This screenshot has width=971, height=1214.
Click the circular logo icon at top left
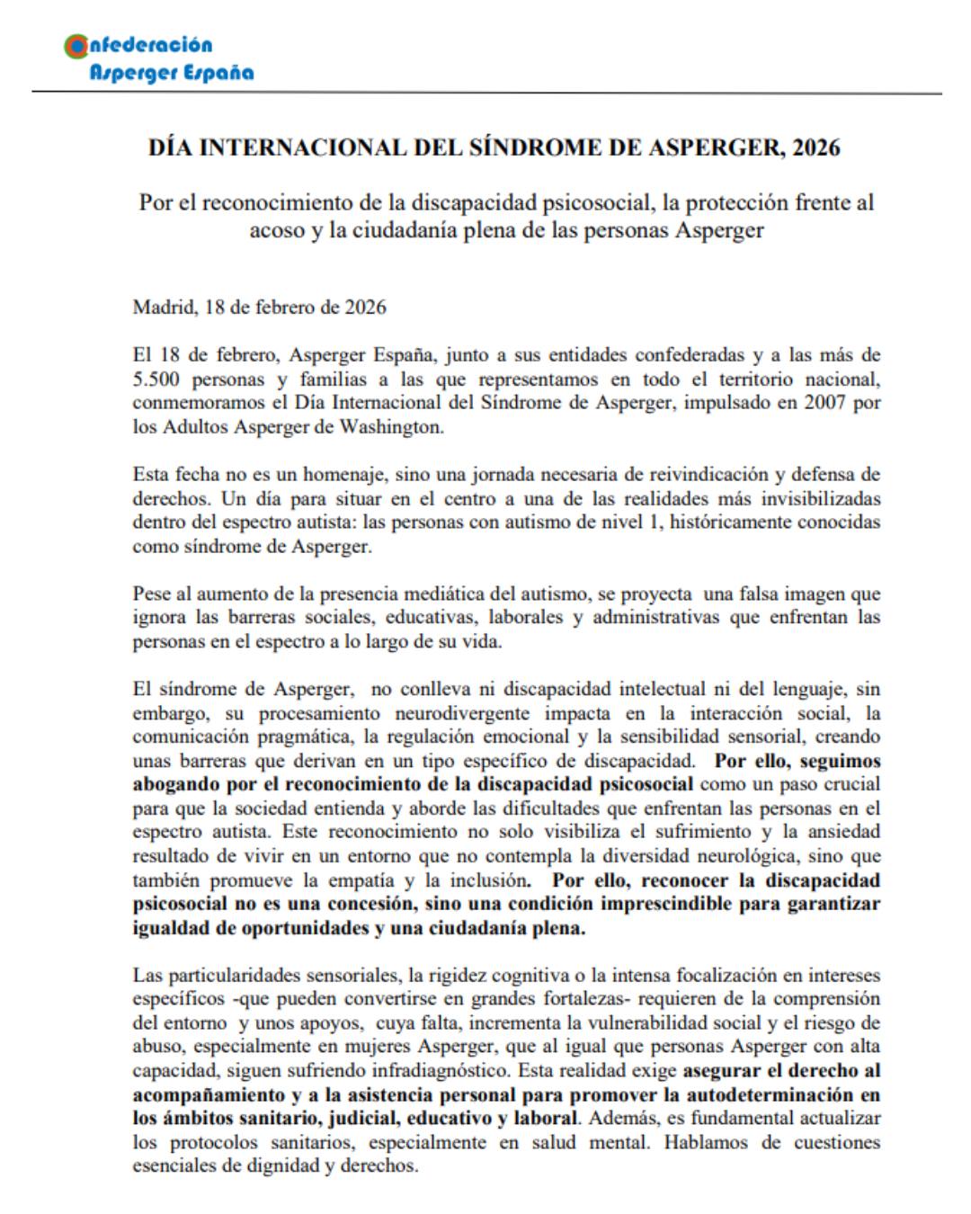pyautogui.click(x=76, y=46)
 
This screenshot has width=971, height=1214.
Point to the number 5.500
pyautogui.click(x=160, y=379)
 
